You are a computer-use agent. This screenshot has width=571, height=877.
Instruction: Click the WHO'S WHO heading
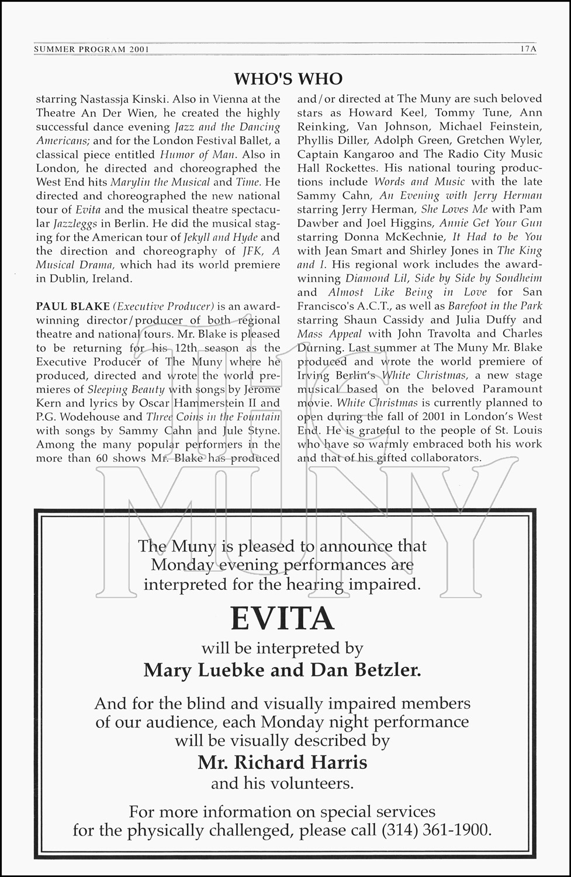coord(288,79)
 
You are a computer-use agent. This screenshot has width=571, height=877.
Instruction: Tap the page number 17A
coord(527,49)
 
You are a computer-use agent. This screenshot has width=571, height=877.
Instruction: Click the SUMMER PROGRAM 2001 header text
coord(91,50)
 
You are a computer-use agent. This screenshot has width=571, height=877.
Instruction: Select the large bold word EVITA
coord(282,619)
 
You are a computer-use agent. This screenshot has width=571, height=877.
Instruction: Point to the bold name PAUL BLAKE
coord(73,306)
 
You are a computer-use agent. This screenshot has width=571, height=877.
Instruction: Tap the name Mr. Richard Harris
coord(282,762)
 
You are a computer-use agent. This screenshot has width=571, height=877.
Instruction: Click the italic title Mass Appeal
coord(329,334)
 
